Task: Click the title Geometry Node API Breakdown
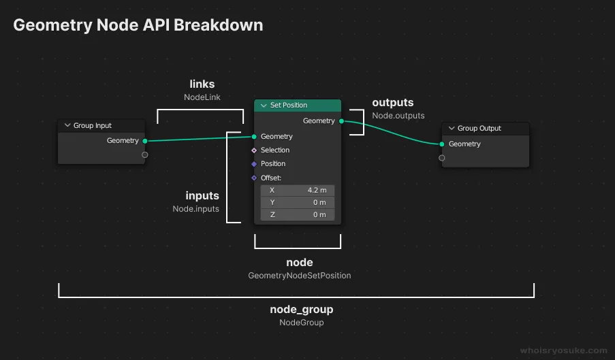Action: pos(138,25)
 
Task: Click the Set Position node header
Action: pos(298,105)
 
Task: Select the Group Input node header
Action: pos(101,126)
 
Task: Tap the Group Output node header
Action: pos(486,129)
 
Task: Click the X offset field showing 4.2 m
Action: pos(298,191)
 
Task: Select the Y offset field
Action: pos(298,203)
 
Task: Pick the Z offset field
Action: pos(298,215)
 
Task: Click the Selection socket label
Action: pos(275,150)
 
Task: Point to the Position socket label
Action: pos(273,164)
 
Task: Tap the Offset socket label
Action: pos(271,178)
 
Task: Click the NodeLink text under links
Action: pos(202,97)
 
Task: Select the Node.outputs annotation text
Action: pos(398,116)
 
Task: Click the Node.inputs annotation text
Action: pos(195,209)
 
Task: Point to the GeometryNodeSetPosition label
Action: pos(300,276)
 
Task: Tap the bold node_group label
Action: pos(302,310)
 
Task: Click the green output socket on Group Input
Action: pos(145,141)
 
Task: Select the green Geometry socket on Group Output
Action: pos(442,144)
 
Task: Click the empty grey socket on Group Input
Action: pos(145,155)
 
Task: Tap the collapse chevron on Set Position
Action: pos(263,105)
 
